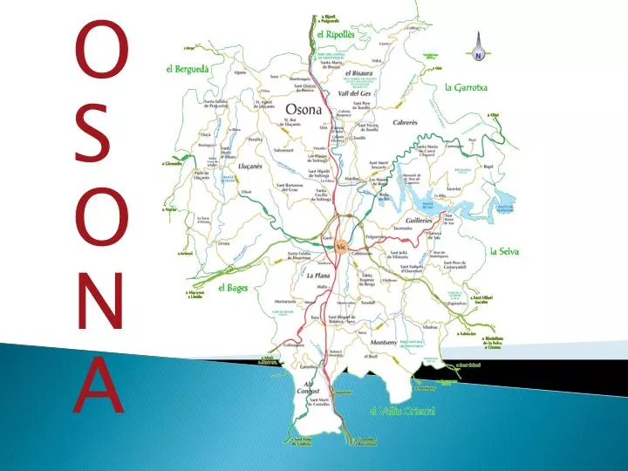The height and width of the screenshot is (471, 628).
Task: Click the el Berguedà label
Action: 188,68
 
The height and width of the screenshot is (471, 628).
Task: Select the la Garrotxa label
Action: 466,87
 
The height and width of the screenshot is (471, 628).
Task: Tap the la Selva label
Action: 504,251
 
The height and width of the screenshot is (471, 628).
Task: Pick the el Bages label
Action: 233,288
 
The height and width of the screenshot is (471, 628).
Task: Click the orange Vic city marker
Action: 342,247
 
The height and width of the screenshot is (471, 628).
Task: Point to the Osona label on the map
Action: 304,110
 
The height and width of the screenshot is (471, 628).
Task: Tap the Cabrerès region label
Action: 406,123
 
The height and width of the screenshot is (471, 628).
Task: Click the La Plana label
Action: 316,275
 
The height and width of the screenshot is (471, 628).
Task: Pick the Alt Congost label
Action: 311,387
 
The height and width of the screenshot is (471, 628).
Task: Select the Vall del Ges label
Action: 355,92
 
